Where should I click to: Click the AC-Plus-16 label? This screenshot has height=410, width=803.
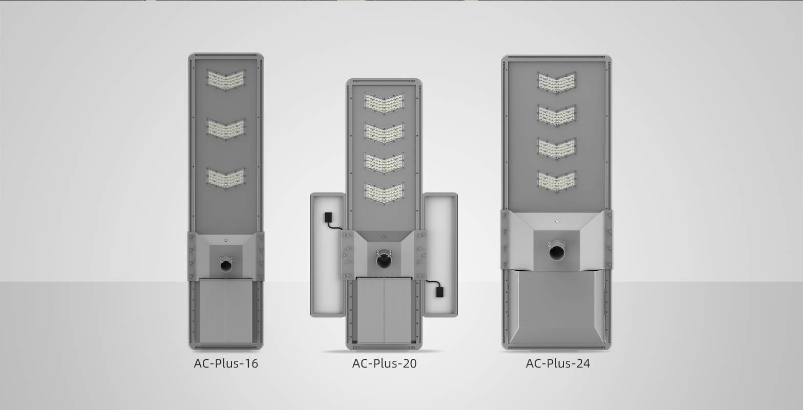click(226, 363)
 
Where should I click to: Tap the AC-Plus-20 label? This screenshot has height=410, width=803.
click(384, 363)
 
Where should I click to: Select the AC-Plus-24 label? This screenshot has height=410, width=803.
click(558, 363)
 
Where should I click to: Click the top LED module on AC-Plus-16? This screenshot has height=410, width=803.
click(226, 80)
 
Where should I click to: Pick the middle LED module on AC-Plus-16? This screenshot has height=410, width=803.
click(226, 129)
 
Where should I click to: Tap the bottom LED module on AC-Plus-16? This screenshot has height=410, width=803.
click(226, 178)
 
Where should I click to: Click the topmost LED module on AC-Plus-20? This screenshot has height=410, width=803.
click(384, 103)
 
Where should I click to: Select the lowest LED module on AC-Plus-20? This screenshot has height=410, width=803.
click(384, 193)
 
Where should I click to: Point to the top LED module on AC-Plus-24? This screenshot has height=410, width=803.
click(557, 82)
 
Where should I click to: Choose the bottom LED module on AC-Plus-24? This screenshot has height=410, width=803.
click(557, 181)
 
